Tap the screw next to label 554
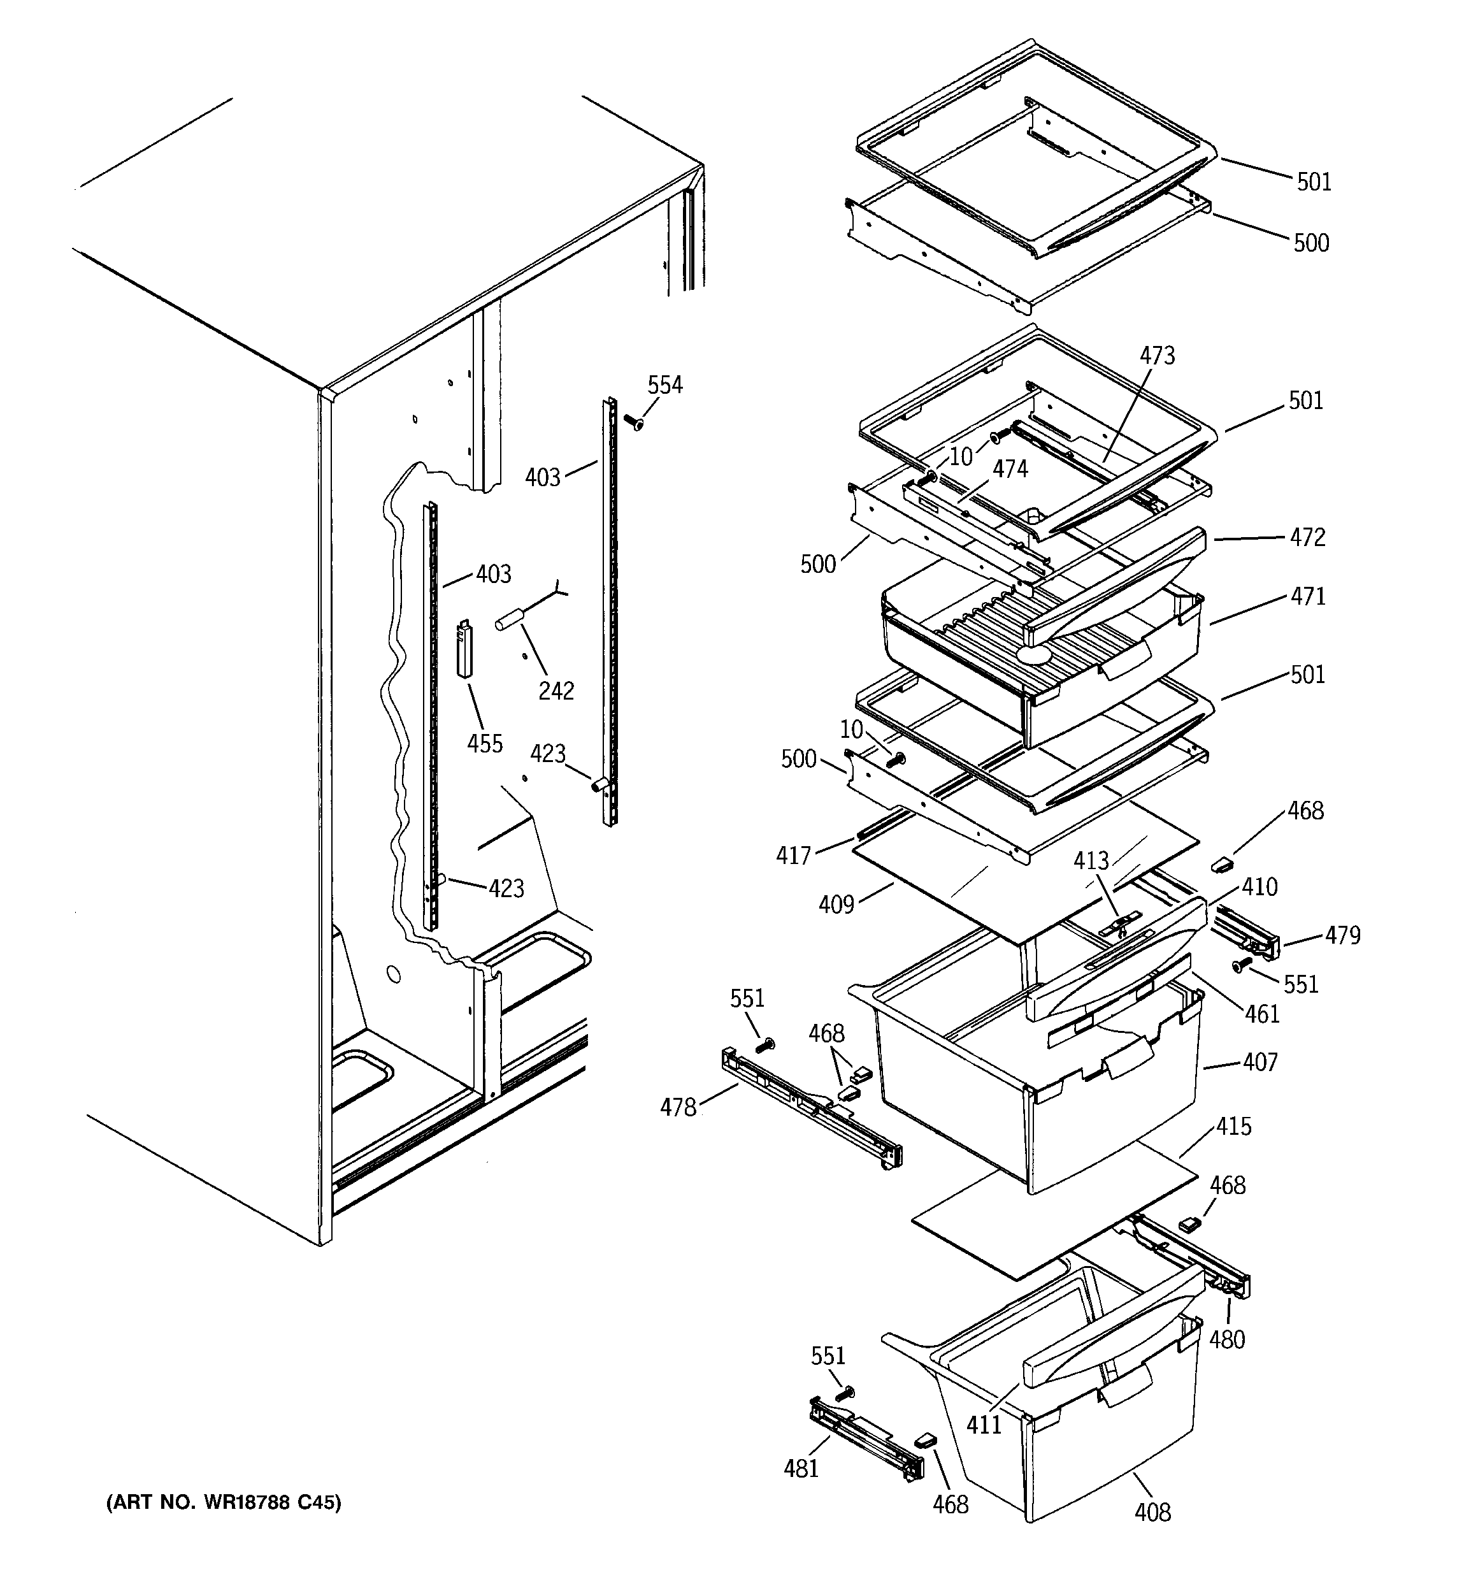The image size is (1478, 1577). (633, 421)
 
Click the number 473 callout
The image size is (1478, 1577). (1157, 356)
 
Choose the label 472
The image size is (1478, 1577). (1307, 538)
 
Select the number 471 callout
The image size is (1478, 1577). (1307, 596)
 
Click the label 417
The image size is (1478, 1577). (793, 856)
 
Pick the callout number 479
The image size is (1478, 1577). (1342, 936)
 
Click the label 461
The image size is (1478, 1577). (1261, 1014)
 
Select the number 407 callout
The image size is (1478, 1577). (1260, 1062)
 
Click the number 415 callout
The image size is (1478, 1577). (1233, 1127)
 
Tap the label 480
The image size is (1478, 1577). (1226, 1340)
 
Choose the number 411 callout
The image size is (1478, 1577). (984, 1425)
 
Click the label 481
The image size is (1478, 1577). (801, 1469)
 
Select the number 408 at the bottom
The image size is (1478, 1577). (1152, 1513)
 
